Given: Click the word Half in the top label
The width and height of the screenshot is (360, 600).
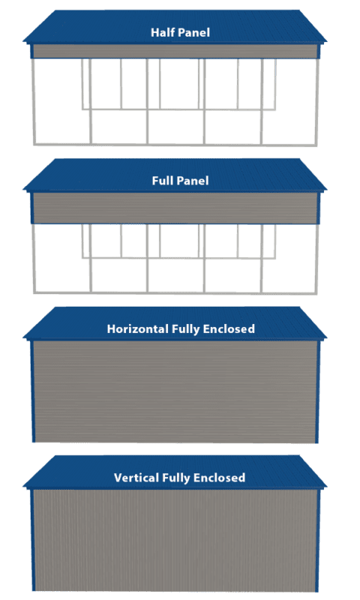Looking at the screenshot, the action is (160, 32).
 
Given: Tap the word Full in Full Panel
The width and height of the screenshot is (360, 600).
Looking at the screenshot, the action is (160, 180).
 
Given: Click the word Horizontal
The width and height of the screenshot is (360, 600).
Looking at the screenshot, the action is (138, 328).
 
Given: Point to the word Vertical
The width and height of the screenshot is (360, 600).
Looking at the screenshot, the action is (136, 478).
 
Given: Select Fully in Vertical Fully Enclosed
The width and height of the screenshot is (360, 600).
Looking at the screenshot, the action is (176, 478).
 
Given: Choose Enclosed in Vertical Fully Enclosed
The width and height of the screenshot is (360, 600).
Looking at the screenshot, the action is (219, 478).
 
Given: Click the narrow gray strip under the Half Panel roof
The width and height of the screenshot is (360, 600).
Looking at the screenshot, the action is (175, 51).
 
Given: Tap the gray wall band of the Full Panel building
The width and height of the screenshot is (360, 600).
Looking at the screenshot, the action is (175, 208).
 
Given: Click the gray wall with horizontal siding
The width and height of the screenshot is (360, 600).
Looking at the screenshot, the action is (175, 391).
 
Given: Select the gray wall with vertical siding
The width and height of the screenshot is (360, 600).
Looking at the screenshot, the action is (175, 540).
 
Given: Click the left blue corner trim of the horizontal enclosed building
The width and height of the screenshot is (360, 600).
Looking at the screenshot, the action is (33, 391).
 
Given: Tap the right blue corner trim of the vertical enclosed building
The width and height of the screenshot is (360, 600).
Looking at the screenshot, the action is (317, 540).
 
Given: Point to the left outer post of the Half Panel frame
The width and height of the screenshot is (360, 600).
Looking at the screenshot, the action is (34, 102).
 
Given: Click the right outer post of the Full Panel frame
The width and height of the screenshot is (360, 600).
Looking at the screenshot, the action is (317, 259).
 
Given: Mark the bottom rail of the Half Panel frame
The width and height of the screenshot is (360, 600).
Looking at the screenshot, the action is (175, 145).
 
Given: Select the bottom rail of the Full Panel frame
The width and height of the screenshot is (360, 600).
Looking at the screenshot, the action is (175, 293).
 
